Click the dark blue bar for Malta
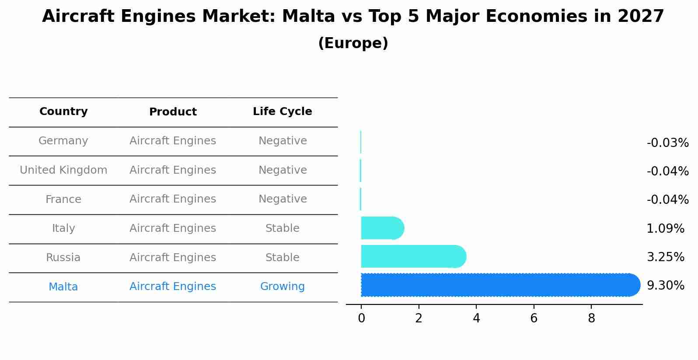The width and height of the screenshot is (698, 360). pyautogui.click(x=499, y=285)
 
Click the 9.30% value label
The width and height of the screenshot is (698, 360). pyautogui.click(x=665, y=286)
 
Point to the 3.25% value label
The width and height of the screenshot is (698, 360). pyautogui.click(x=665, y=257)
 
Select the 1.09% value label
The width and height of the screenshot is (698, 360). pyautogui.click(x=665, y=229)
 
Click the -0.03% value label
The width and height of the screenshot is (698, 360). pyautogui.click(x=667, y=143)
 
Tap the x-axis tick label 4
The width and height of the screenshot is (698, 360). pyautogui.click(x=476, y=318)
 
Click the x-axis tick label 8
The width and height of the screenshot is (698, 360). pyautogui.click(x=591, y=318)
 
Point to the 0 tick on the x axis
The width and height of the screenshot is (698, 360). pyautogui.click(x=361, y=318)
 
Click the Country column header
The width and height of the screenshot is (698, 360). pyautogui.click(x=63, y=112)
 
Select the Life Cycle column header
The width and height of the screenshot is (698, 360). pyautogui.click(x=282, y=112)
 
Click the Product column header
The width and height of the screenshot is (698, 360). pyautogui.click(x=173, y=112)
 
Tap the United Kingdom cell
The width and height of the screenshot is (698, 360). pyautogui.click(x=63, y=170)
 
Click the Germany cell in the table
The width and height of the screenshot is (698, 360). pyautogui.click(x=63, y=141)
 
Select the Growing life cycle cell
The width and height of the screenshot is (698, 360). pyautogui.click(x=282, y=287)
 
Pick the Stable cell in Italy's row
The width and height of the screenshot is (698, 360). pyautogui.click(x=282, y=228)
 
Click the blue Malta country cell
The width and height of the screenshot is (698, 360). pyautogui.click(x=63, y=287)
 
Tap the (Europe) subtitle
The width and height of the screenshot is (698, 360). pyautogui.click(x=353, y=43)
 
